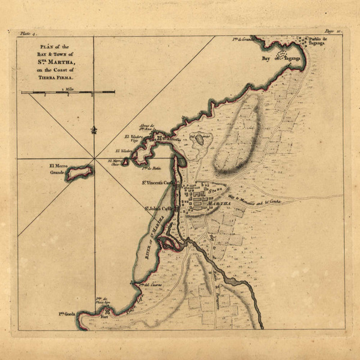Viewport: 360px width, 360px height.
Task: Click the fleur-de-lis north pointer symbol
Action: [x=93, y=129]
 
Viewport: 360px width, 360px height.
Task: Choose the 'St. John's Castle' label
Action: [x=157, y=208]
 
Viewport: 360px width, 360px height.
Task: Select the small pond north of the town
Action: [x=198, y=139]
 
